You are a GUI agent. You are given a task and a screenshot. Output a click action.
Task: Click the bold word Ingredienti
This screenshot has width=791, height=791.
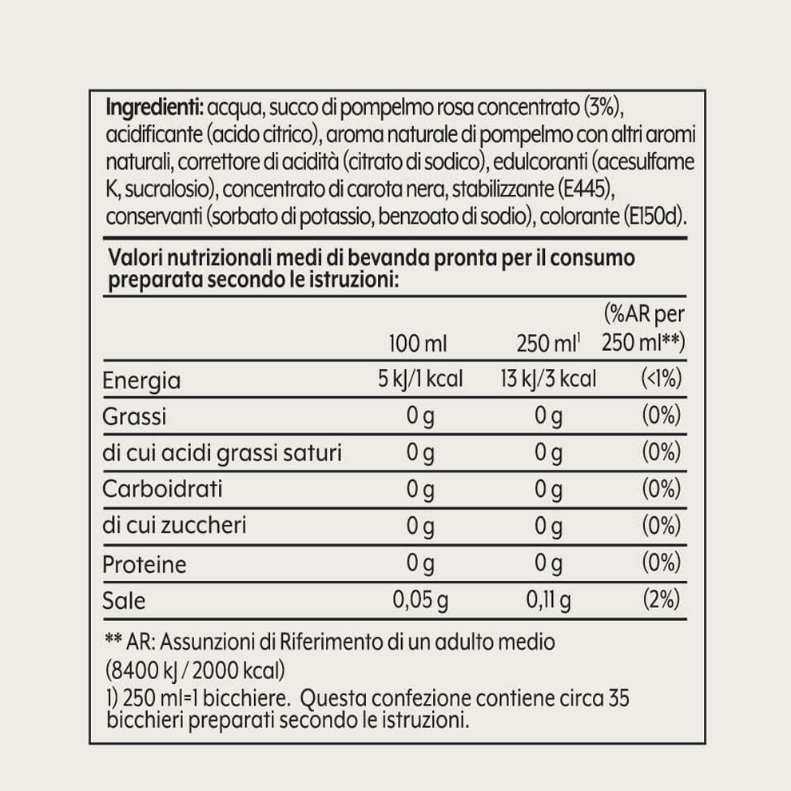153,107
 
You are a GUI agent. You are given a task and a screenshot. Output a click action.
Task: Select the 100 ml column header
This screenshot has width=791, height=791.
418,344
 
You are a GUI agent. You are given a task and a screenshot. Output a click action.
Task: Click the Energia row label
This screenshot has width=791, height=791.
141,380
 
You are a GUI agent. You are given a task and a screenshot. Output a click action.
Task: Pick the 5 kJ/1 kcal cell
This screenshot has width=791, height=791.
420,379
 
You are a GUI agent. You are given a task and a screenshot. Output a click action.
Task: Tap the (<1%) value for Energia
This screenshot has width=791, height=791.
662,379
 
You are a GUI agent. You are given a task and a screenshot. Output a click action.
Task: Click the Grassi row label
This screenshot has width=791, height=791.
134,416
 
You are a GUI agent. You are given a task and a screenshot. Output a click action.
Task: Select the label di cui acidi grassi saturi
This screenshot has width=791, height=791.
222,453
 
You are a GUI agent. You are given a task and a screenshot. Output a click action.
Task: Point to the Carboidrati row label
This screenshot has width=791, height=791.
162,489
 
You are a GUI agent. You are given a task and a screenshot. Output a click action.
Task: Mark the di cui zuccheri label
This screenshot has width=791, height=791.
174,526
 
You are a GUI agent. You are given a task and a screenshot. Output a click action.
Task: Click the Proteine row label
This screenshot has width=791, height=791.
145,564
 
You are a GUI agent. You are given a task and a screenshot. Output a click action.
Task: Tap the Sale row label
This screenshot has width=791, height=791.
124,600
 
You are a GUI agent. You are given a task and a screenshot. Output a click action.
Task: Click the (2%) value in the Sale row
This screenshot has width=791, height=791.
662,599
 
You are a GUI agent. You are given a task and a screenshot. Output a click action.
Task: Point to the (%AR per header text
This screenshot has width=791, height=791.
644,314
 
